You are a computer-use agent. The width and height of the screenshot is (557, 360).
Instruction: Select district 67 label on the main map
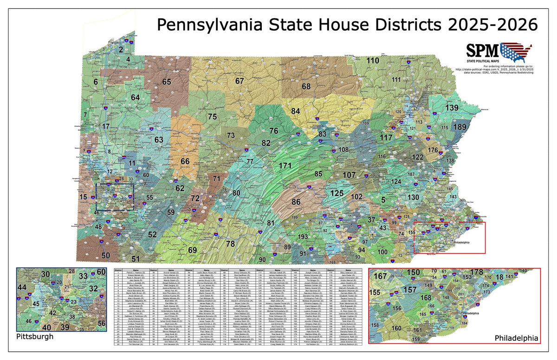coord(240,81)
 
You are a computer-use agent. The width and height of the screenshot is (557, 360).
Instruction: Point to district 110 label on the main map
coord(373,61)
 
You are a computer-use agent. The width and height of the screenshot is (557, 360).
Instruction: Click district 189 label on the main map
coord(460,127)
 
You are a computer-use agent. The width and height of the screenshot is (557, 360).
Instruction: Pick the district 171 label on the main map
coord(285,166)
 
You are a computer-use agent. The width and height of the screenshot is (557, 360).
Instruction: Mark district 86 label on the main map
coord(296,202)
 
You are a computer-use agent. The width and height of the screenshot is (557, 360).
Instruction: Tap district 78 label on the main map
coord(230,244)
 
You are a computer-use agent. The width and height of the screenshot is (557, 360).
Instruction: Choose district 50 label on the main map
coord(106,255)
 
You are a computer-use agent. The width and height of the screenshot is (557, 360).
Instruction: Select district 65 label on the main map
coord(167,82)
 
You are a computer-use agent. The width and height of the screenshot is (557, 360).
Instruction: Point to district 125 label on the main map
coord(337,193)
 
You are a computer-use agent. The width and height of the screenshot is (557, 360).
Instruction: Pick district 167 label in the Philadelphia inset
coord(380,276)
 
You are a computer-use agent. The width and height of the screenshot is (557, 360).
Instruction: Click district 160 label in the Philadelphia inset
coord(396,328)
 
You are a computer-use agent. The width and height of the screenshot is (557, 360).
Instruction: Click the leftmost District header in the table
coord(118,269)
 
